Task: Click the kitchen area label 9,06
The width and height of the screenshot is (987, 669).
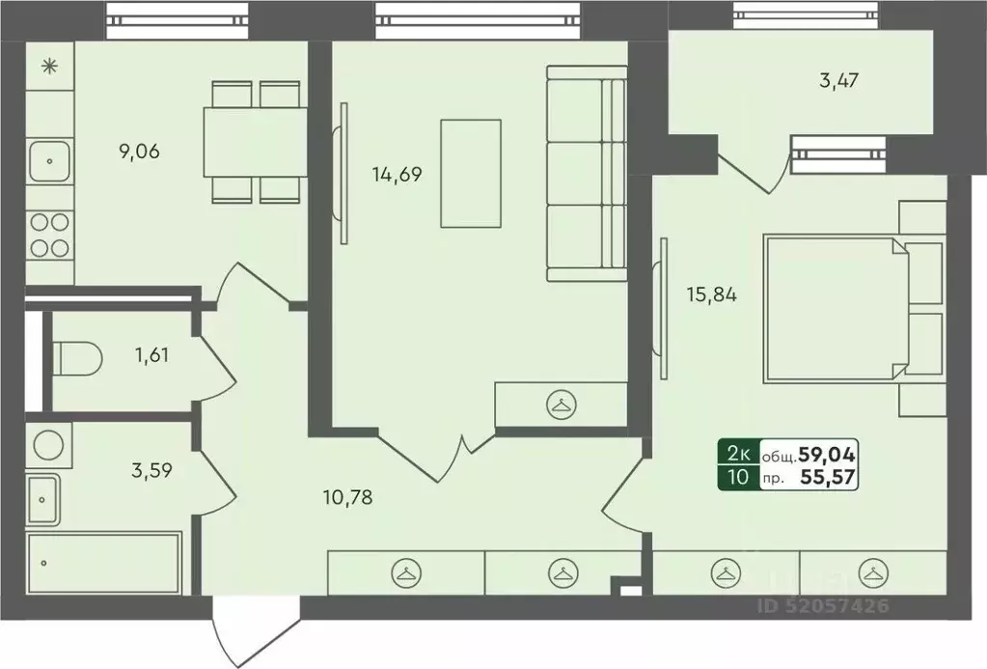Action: pos(139,152)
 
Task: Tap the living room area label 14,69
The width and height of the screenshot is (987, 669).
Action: pos(397,174)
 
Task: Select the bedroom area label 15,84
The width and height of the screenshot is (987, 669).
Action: pos(712,294)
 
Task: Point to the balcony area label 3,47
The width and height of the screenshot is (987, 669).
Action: pos(839,81)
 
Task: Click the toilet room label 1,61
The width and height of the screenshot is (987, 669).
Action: pos(151,354)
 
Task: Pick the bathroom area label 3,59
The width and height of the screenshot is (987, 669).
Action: pos(151,470)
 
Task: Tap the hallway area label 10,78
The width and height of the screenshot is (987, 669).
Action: pos(347,498)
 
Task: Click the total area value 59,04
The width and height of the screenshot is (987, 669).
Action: pos(827,454)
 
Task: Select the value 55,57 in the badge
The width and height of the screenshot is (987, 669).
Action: pos(828,477)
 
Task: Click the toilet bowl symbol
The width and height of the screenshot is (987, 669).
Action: pos(77,359)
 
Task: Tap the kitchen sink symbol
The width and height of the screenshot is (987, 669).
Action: pos(50,161)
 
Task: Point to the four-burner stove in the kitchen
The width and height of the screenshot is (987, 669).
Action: pos(50,235)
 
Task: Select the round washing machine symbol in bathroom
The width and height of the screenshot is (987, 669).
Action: pos(48,445)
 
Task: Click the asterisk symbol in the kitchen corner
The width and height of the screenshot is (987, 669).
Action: pos(49,67)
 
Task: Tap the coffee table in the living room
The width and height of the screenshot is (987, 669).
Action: pos(471,173)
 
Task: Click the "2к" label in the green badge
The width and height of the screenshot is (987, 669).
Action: pos(738,454)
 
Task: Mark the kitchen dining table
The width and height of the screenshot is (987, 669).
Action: pos(255,142)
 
